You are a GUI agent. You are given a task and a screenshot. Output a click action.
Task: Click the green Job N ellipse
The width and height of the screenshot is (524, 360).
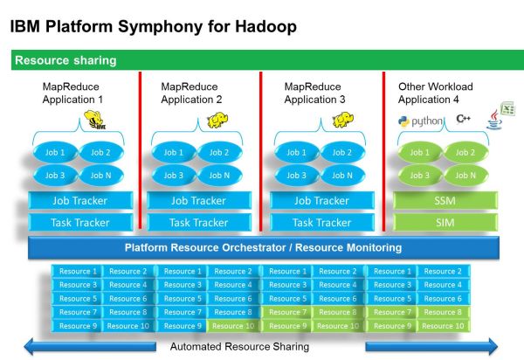point(465,175)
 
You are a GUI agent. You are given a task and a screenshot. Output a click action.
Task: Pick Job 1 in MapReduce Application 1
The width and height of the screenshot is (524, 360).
point(55,153)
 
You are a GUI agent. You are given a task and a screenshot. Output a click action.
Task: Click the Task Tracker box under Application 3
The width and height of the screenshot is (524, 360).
point(321,222)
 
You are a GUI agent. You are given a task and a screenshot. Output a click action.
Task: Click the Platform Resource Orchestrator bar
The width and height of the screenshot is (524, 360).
point(262,247)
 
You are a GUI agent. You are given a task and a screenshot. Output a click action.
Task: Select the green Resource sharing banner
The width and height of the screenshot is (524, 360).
point(262,61)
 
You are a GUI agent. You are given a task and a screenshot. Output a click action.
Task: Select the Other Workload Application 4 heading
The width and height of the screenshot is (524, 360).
point(435,93)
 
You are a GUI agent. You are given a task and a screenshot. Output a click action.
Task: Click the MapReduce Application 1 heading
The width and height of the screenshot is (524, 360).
point(72,93)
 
